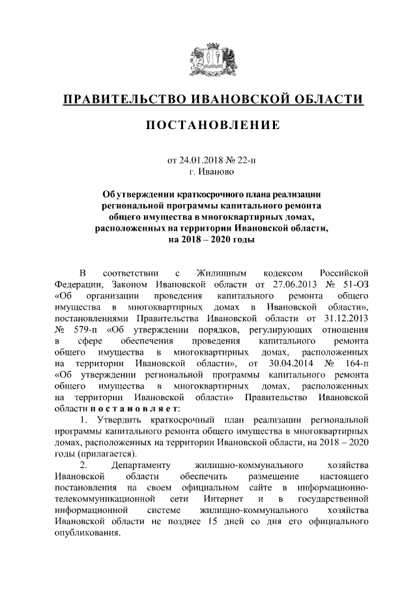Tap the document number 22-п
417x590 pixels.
240,160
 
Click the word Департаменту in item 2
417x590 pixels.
141,465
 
